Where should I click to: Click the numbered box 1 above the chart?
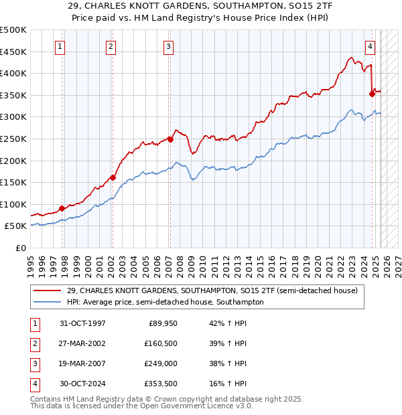pos(60,46)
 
